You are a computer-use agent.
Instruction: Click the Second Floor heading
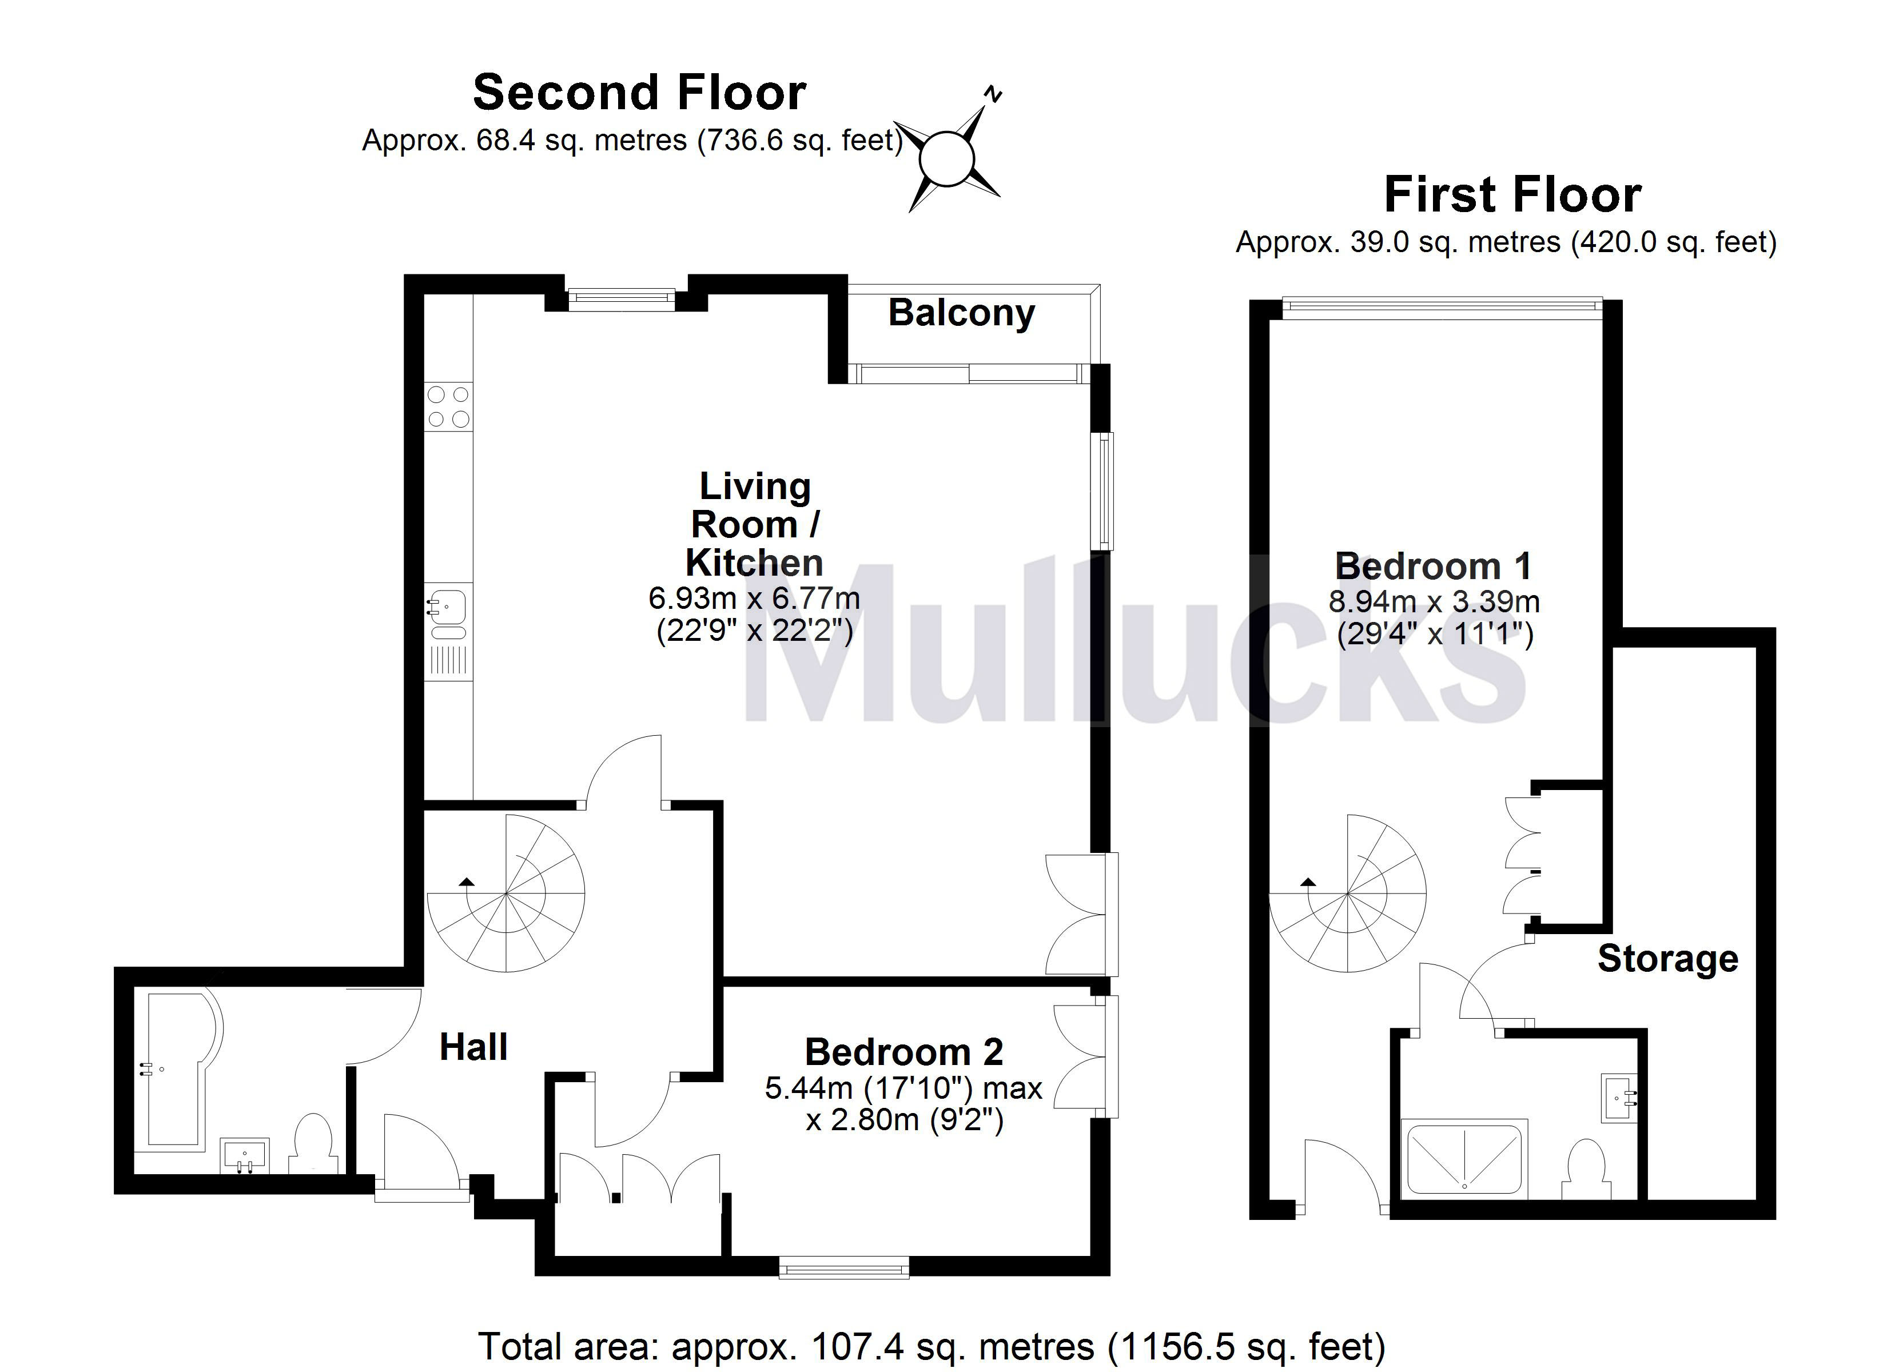coord(639,93)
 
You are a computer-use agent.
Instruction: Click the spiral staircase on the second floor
coord(506,895)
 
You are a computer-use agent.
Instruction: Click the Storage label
coord(1667,959)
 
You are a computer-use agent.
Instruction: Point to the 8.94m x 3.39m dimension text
coord(1434,601)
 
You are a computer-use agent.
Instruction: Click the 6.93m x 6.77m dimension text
coord(754,597)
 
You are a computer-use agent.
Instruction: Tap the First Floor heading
coord(1512,195)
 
